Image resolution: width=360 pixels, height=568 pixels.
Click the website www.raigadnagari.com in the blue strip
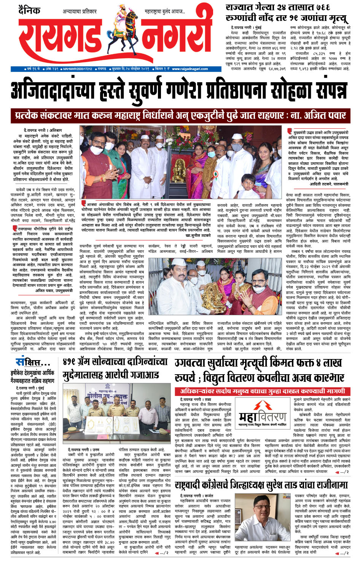[x=190, y=69]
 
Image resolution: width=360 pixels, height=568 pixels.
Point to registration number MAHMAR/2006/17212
[x=77, y=69]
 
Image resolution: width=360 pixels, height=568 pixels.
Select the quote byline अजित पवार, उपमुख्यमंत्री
[x=54, y=290]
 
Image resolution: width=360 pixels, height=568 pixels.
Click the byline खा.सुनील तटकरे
[x=198, y=236]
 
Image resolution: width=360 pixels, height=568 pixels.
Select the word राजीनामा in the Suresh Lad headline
[x=330, y=485]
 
